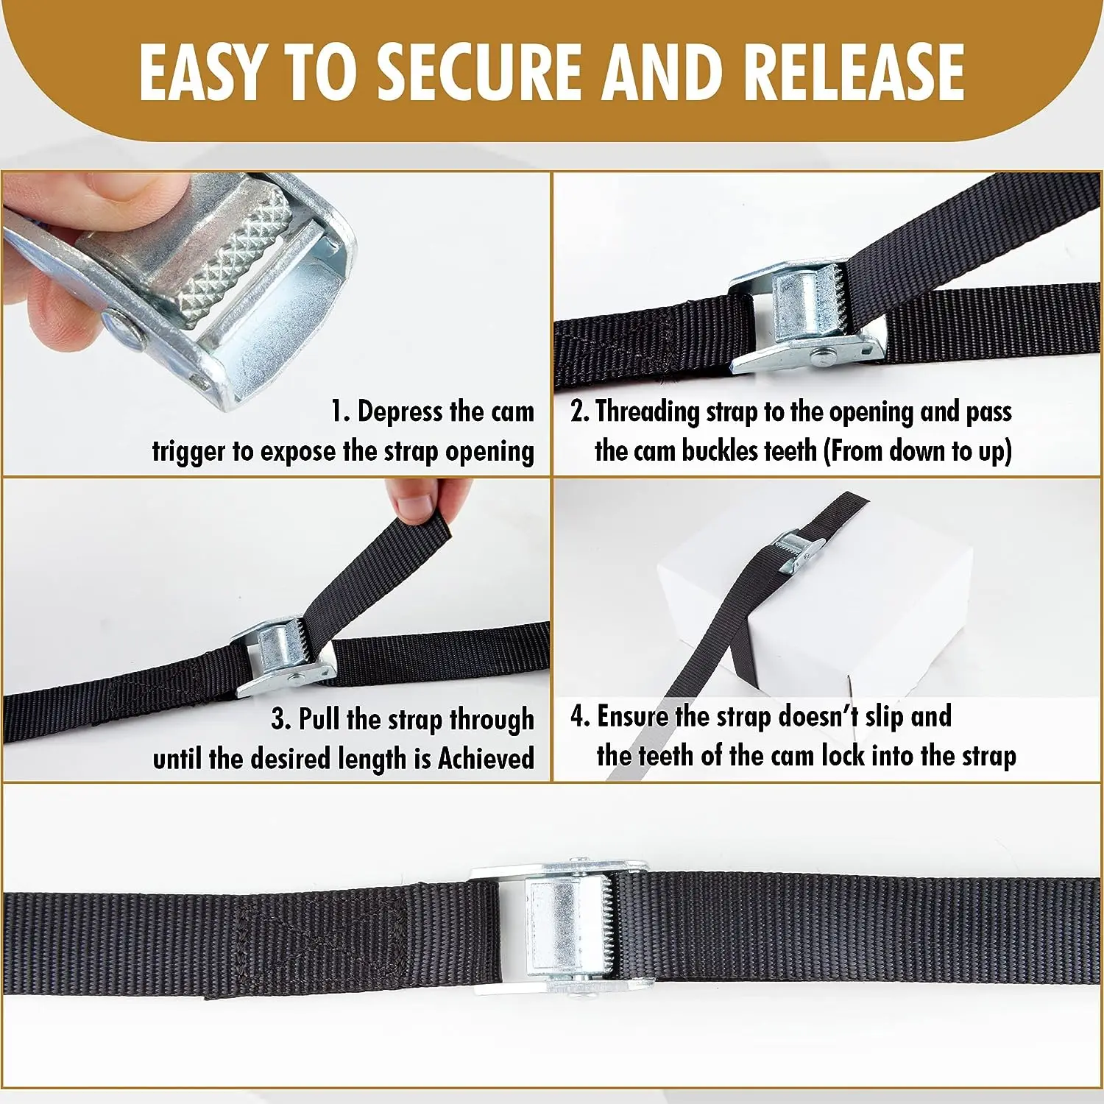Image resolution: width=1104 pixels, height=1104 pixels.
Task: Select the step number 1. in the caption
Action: point(339,411)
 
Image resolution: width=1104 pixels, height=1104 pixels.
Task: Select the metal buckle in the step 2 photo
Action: point(802,316)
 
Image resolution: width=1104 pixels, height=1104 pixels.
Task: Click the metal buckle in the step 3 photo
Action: point(283,655)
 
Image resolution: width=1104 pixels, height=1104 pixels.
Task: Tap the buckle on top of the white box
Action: point(795,552)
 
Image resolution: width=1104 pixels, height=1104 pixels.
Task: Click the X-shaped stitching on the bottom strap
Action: point(324,942)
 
